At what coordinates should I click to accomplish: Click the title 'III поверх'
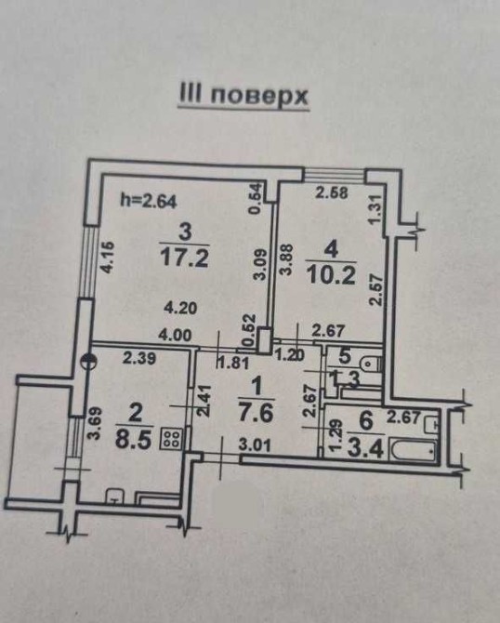point(243,96)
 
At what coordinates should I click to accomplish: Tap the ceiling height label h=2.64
point(148,202)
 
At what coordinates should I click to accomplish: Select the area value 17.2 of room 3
point(185,259)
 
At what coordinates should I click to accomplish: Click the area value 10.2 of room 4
point(331,276)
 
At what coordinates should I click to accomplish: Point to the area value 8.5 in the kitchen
point(134,440)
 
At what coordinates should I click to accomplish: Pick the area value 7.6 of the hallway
point(257,413)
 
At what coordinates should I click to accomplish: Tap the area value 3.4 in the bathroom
point(365,449)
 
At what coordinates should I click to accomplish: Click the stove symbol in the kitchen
point(172,439)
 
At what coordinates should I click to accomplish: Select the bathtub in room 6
point(414,451)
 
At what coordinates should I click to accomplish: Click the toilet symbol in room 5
point(371,364)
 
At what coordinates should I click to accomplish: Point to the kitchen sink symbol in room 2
point(114,497)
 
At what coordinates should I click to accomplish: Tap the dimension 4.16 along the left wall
point(108,258)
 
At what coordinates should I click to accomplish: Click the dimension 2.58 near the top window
point(332,192)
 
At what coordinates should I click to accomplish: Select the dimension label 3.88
point(287,259)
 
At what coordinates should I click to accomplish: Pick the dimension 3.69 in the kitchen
point(95,423)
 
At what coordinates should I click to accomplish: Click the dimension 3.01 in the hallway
point(255,445)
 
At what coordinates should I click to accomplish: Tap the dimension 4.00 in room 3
point(175,335)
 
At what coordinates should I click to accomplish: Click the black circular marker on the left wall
point(88,361)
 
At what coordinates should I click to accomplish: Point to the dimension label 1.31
point(377,209)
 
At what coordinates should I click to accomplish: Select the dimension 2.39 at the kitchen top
point(139,358)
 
